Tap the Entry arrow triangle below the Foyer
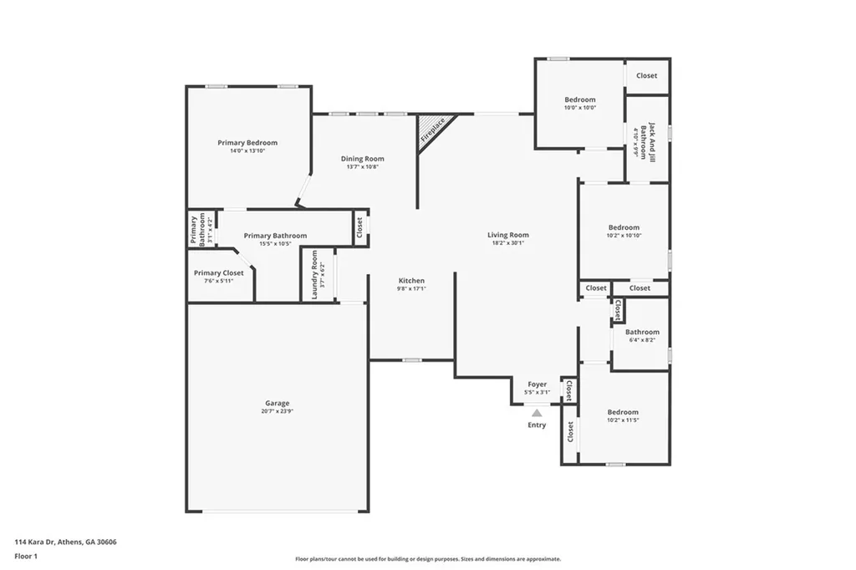pyautogui.click(x=537, y=412)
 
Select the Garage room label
pyautogui.click(x=278, y=403)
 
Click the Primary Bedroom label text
pyautogui.click(x=247, y=143)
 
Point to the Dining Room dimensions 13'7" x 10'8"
pyautogui.click(x=362, y=166)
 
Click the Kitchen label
pyautogui.click(x=411, y=281)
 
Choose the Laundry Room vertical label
pyautogui.click(x=315, y=274)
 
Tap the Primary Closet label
pyautogui.click(x=219, y=273)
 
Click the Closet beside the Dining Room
pyautogui.click(x=360, y=226)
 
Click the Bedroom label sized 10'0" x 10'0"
pyautogui.click(x=580, y=99)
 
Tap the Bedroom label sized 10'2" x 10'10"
pyautogui.click(x=624, y=227)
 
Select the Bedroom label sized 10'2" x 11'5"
pyautogui.click(x=623, y=412)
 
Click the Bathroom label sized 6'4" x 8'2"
pyautogui.click(x=642, y=332)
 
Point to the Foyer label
pyautogui.click(x=537, y=384)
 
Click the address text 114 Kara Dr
pyautogui.click(x=65, y=542)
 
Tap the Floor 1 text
pyautogui.click(x=26, y=556)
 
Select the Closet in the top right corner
pyautogui.click(x=646, y=75)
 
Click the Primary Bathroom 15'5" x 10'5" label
pyautogui.click(x=275, y=236)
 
